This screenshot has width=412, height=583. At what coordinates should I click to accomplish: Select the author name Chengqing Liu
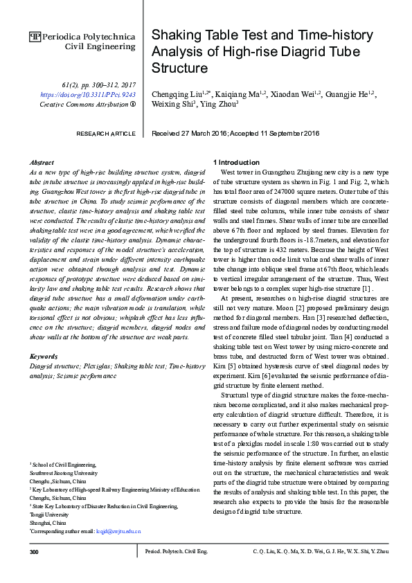pos(177,93)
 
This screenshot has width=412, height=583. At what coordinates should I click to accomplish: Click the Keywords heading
pos(44,356)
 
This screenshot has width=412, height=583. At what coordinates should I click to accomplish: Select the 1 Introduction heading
pos(240,161)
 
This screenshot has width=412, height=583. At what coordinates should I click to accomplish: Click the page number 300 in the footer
pos(35,552)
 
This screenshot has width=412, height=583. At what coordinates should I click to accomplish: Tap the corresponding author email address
pos(118,531)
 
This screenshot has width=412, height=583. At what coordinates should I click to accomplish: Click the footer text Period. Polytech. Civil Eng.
pos(176,552)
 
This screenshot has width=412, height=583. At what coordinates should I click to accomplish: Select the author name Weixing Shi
pos(173,105)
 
